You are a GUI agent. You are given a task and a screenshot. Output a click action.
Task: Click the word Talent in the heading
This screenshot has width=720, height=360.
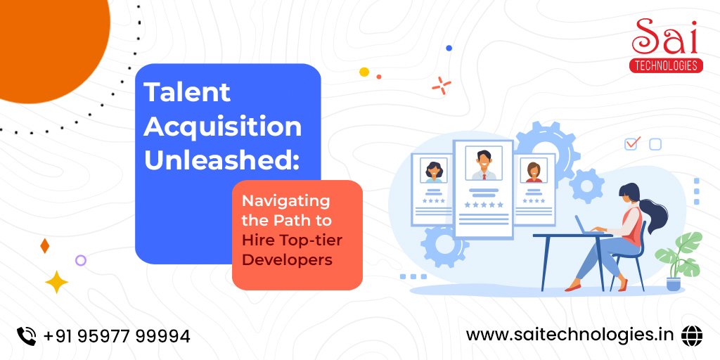pyautogui.click(x=187, y=92)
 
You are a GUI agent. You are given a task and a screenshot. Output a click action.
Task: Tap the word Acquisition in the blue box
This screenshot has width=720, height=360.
pyautogui.click(x=223, y=127)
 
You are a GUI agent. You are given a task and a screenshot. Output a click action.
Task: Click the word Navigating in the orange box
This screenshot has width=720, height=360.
pyautogui.click(x=286, y=201)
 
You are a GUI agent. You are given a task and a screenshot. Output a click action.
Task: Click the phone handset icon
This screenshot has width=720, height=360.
pyautogui.click(x=27, y=336)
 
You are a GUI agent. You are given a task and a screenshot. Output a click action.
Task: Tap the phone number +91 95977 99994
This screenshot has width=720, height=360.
pyautogui.click(x=117, y=336)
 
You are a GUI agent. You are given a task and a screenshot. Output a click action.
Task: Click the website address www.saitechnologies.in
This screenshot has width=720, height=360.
pyautogui.click(x=570, y=335)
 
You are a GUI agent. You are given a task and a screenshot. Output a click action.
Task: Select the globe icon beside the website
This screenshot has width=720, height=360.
pyautogui.click(x=692, y=335)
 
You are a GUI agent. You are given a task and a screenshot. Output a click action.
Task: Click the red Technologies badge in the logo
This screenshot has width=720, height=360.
pyautogui.click(x=666, y=65)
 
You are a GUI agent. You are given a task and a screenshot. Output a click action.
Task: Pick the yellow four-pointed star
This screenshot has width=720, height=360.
pyautogui.click(x=56, y=282)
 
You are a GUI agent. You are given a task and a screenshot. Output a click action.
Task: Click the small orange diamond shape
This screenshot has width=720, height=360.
pyautogui.click(x=44, y=246)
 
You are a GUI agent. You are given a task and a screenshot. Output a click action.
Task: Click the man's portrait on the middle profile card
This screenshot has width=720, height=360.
pyautogui.click(x=484, y=163)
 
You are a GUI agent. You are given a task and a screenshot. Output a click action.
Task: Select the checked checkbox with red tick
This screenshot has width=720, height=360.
pyautogui.click(x=632, y=143)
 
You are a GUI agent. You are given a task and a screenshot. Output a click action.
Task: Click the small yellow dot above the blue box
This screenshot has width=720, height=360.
pyautogui.click(x=364, y=72)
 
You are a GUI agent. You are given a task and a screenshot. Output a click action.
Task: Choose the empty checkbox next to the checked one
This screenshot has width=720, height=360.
pyautogui.click(x=655, y=145)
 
